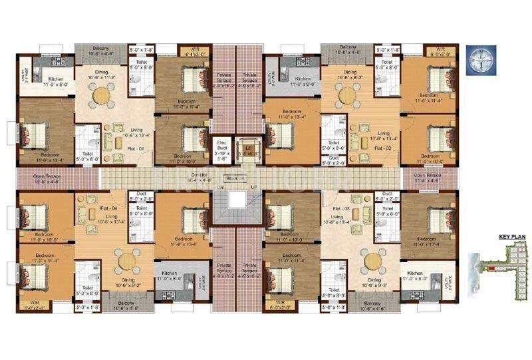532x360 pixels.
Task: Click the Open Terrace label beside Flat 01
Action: (x=39, y=178)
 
